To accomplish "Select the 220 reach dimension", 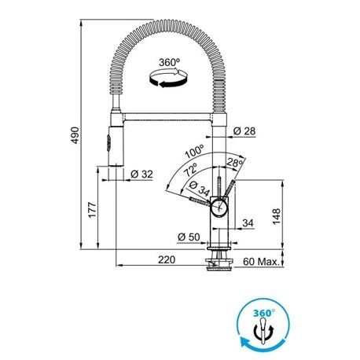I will coord(164,259).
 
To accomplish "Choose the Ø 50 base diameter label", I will coord(187,237).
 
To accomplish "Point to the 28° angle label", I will coord(234,163).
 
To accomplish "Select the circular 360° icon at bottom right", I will coord(265,321).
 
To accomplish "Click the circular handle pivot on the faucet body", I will coord(218,208).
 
